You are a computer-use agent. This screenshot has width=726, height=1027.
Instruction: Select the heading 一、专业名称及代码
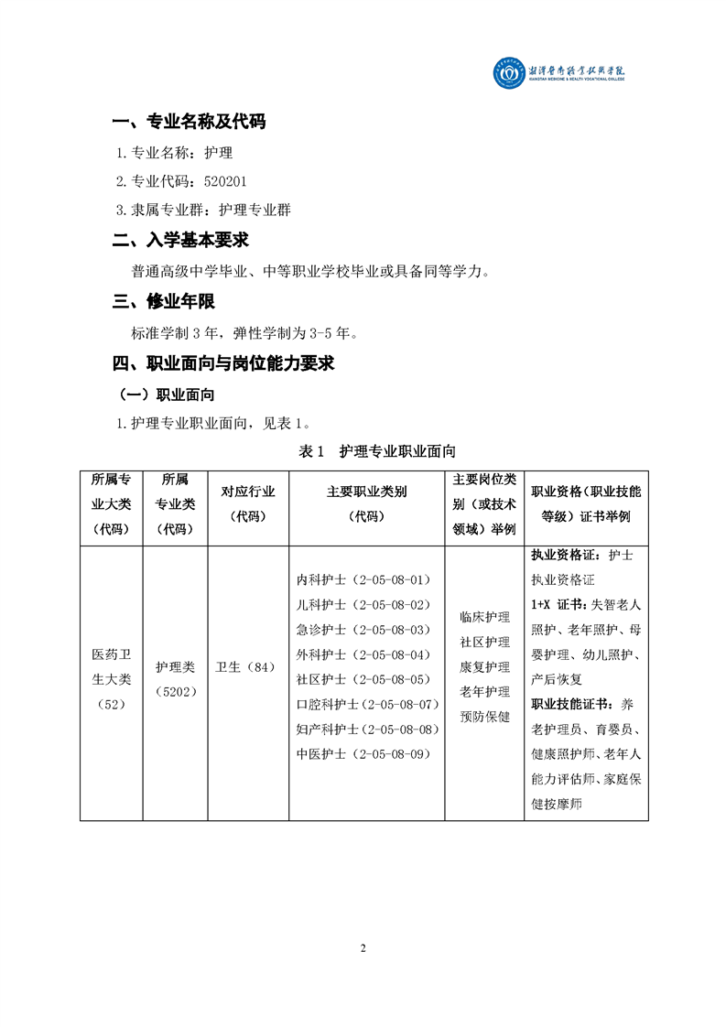[x=189, y=123]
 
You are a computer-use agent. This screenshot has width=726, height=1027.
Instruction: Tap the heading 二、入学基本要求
[x=180, y=241]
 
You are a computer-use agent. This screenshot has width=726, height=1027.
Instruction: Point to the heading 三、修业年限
[x=164, y=301]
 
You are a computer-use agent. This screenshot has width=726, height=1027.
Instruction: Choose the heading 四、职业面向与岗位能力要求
[x=223, y=363]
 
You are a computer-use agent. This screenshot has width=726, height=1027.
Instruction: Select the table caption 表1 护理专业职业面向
[x=377, y=451]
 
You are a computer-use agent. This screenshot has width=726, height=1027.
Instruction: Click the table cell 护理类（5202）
[x=175, y=679]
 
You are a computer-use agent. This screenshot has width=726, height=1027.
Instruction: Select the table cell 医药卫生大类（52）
[x=111, y=679]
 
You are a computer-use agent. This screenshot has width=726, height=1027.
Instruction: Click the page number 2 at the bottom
[x=363, y=947]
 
